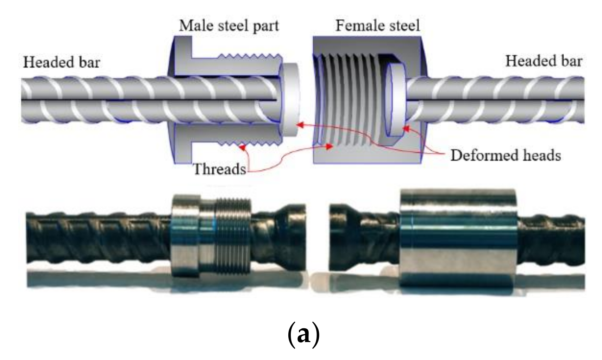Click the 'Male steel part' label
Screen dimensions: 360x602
(229, 26)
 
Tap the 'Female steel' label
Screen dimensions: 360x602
(377, 26)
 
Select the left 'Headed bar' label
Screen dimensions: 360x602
(62, 62)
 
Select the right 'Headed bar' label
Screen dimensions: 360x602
(544, 61)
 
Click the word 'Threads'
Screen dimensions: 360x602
(220, 169)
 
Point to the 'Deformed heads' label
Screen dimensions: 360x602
(506, 155)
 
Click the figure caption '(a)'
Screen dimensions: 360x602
(303, 334)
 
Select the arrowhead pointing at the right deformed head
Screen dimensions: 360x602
(406, 129)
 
